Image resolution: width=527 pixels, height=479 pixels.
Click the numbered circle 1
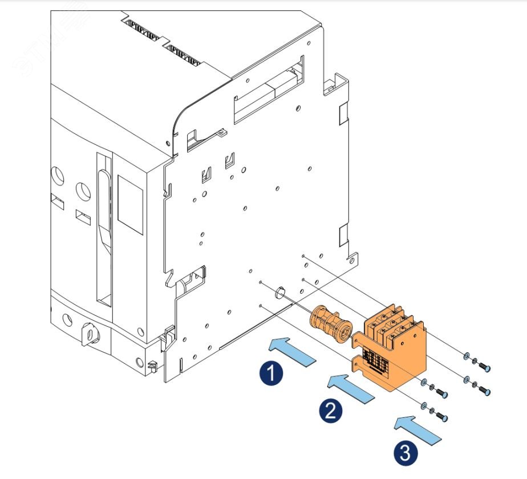coord(270,374)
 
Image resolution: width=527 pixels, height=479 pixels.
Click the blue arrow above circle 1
coord(292,350)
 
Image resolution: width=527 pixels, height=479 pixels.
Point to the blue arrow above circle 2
coord(351,388)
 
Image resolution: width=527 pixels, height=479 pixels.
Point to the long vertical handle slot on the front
coord(103,228)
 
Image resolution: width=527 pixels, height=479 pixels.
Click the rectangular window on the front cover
coord(130,203)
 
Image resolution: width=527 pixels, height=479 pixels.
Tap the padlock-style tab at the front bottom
coord(90,331)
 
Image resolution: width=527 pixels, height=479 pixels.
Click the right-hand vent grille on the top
coord(184,54)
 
